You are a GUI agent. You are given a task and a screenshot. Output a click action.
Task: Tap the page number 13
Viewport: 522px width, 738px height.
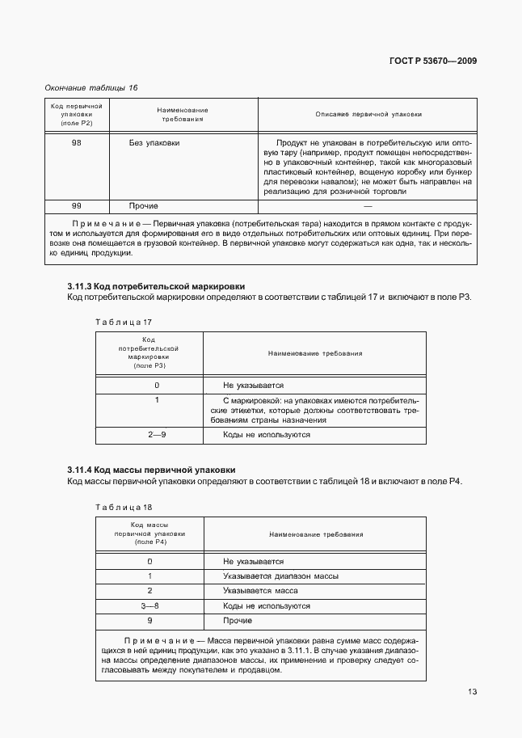[x=471, y=691]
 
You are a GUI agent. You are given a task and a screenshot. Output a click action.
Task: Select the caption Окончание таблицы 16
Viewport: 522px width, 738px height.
[x=91, y=87]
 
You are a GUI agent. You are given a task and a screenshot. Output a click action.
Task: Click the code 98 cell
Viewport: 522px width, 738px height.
[x=76, y=142]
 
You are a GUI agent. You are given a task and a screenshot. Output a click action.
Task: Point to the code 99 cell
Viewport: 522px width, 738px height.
[x=76, y=206]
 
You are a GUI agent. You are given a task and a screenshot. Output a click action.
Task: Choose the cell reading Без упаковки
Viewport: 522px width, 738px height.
[x=154, y=142]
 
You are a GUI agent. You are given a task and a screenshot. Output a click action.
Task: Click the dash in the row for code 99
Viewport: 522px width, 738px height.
[x=368, y=206]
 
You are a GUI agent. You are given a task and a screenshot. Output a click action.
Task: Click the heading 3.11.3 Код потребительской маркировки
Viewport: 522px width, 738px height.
[x=155, y=286]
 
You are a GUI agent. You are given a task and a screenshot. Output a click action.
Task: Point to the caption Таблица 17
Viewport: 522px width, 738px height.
[x=124, y=322]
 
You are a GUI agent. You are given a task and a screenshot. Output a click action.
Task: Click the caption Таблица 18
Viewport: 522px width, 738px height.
[x=124, y=507]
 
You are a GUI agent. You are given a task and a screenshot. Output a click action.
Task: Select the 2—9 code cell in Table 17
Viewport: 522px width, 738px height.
[x=156, y=435]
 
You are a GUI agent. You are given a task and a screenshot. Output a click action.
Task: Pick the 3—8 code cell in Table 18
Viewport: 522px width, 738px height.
[x=149, y=605]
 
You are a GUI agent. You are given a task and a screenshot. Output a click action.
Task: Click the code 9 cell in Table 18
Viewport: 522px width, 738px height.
[x=149, y=620]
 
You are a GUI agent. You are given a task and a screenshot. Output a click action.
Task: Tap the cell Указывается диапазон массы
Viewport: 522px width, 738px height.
[x=280, y=576]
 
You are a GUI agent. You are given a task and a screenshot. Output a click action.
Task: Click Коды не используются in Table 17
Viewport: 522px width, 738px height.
[x=267, y=435]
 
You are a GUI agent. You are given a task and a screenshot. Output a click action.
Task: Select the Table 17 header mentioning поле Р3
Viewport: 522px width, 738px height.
[x=149, y=353]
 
